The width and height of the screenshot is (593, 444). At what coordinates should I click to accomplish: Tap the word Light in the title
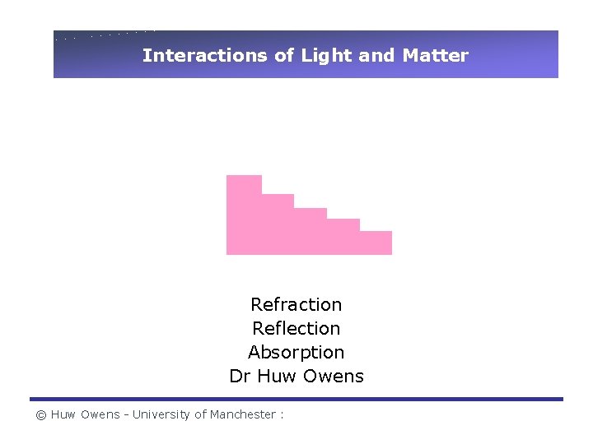[326, 56]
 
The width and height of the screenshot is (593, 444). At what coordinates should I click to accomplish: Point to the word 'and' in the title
[377, 56]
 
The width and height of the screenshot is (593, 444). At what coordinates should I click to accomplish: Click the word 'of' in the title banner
[283, 56]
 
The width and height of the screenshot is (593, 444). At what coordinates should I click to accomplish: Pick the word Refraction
[296, 305]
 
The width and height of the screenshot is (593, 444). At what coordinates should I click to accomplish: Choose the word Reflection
[296, 329]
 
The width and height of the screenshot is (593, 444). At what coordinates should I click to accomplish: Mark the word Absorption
[296, 353]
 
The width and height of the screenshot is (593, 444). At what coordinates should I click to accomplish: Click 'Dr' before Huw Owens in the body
[240, 377]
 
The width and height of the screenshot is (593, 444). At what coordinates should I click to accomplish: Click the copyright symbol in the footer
[40, 415]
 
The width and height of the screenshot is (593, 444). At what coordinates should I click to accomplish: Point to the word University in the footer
[161, 415]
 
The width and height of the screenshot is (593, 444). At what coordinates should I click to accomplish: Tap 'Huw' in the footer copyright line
[63, 415]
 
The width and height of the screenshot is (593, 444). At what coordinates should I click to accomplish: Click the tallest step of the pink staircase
[244, 214]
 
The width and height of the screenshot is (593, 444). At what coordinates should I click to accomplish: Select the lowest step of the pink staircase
[376, 243]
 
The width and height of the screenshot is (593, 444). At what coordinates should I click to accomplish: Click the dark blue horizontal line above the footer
[296, 400]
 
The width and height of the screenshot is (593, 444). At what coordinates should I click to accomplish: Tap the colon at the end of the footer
[282, 415]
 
